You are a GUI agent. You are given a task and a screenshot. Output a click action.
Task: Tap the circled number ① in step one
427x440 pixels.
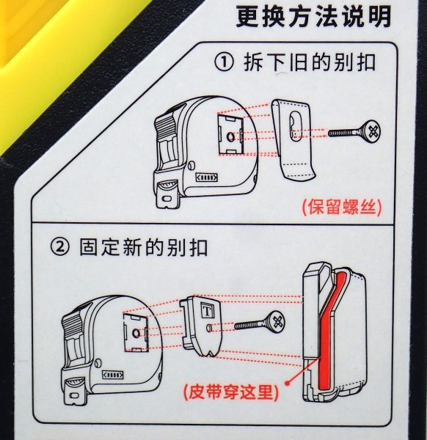(224, 63)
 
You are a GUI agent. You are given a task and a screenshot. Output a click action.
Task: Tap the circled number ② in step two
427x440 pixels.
(59, 247)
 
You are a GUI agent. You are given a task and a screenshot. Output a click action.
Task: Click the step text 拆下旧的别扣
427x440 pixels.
(310, 63)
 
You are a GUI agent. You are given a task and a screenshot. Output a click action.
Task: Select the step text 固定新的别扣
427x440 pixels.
(144, 247)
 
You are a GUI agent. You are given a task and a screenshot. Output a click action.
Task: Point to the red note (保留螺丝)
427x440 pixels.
(342, 208)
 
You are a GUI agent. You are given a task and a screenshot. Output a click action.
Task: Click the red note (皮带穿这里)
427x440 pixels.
(231, 392)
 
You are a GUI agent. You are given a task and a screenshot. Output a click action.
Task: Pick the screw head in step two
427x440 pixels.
(277, 321)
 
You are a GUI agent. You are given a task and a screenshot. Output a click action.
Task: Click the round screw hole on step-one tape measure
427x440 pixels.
(230, 138)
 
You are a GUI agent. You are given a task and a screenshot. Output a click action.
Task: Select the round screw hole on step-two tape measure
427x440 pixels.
(136, 334)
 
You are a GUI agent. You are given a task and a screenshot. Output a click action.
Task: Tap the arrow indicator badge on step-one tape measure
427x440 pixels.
(206, 177)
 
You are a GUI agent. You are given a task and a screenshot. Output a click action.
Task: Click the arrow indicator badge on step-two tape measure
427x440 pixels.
(112, 375)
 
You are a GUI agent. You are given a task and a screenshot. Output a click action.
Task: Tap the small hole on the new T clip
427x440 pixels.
(209, 328)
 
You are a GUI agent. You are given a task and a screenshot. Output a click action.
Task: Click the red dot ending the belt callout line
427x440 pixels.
(287, 383)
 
